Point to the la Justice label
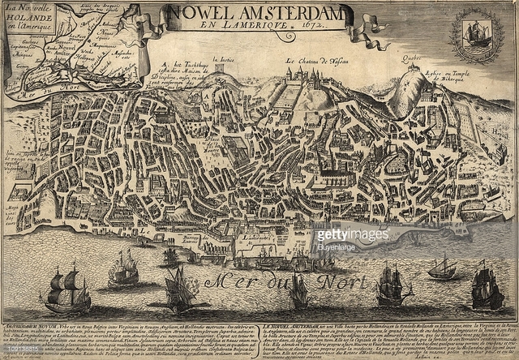click(x=222, y=59)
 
